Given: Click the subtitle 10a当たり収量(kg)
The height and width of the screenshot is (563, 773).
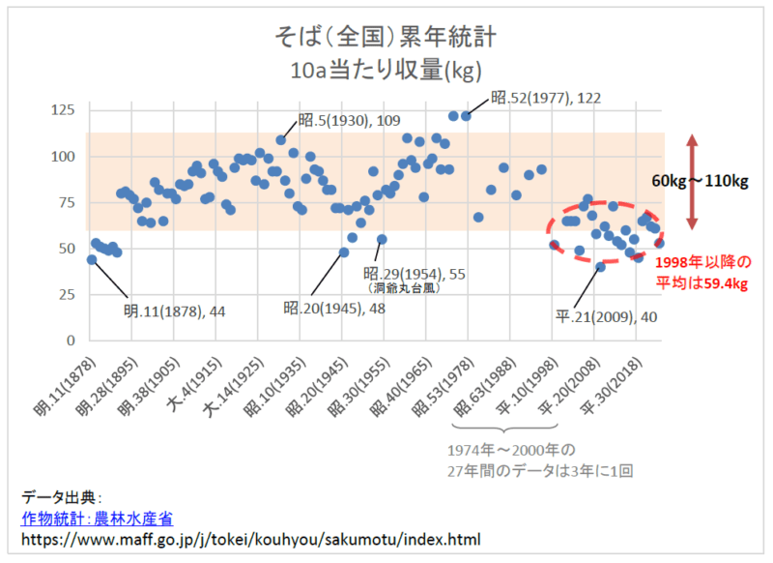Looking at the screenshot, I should [386, 71].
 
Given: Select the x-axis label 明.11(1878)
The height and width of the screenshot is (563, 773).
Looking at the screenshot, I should [64, 385].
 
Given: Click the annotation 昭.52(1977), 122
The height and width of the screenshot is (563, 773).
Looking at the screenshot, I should [546, 98].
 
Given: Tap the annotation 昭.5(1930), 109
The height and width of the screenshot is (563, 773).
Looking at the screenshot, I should [349, 121].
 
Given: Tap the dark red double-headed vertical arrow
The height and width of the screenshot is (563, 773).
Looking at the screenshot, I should [691, 182].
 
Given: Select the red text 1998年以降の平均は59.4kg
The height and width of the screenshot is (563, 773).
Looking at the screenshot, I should [701, 273].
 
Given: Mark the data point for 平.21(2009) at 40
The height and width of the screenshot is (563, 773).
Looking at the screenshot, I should [600, 267].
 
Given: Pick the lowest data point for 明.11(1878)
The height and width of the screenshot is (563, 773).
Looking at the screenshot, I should [92, 259].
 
